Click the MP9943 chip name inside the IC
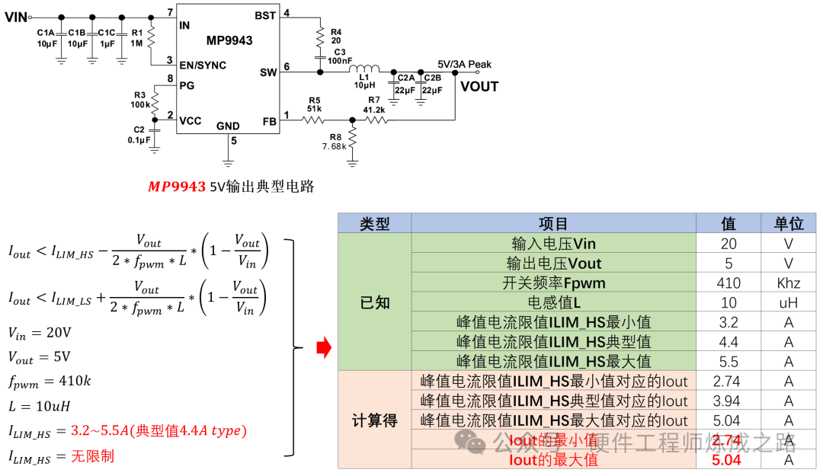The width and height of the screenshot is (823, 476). coord(229,40)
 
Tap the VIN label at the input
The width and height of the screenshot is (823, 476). coord(16,18)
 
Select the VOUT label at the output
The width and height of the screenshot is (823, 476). coord(479,86)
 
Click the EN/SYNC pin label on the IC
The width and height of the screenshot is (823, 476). coord(203,65)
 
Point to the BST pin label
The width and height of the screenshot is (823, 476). coord(265,15)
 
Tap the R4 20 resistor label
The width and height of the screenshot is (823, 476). coord(336,36)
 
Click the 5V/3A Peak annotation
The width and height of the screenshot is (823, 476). coord(465,65)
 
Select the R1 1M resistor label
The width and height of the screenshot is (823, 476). coord(137,38)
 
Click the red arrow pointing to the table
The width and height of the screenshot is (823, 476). coord(324,349)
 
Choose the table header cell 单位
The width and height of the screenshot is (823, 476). coord(789,224)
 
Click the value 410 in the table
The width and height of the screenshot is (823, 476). coord(728,283)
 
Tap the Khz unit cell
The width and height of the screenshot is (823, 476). coord(789,283)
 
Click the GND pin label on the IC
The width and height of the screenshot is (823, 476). coord(228,126)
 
